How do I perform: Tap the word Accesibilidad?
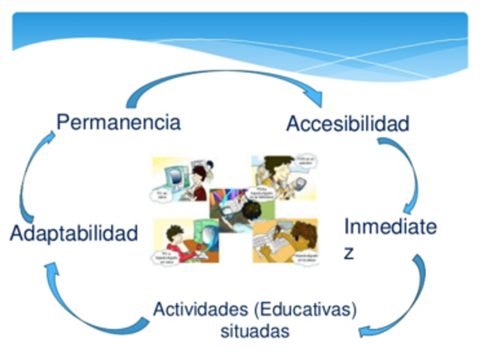click(x=348, y=123)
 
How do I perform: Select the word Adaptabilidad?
click(x=74, y=232)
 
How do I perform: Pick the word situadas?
click(x=255, y=331)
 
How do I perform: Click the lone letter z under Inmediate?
click(x=349, y=253)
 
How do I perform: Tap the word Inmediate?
click(x=389, y=227)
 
